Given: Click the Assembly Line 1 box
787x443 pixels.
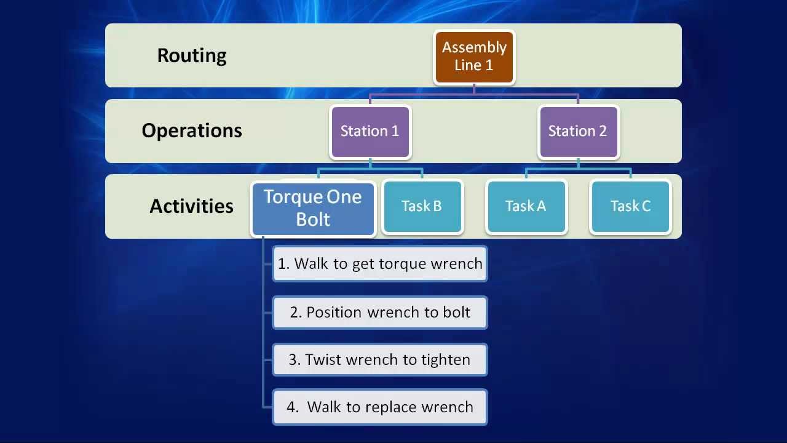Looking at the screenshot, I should click(x=474, y=57).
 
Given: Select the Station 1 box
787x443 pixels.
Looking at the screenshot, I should click(x=370, y=131).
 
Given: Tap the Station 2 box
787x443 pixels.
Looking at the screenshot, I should click(x=578, y=131).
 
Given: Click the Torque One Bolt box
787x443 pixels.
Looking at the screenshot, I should click(x=313, y=208).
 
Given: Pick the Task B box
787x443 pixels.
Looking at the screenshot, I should click(x=422, y=206).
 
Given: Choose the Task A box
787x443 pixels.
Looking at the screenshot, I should click(x=526, y=206).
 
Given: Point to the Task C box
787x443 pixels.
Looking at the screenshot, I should click(x=630, y=206).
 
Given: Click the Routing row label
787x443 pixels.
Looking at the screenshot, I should click(x=192, y=55).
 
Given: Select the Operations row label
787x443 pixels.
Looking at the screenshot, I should click(x=192, y=130).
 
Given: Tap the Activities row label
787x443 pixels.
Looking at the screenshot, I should click(x=192, y=206).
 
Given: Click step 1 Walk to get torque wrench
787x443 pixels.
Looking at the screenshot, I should click(x=380, y=264).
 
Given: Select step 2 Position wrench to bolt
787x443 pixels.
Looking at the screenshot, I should click(x=380, y=313).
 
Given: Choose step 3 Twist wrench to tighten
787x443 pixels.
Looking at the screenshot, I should click(x=380, y=360).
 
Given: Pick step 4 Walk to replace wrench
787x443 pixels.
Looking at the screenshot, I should click(x=380, y=407).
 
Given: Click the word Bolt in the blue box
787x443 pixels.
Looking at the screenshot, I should click(x=313, y=220).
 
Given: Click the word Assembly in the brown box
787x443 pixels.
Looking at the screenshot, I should click(x=474, y=47).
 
